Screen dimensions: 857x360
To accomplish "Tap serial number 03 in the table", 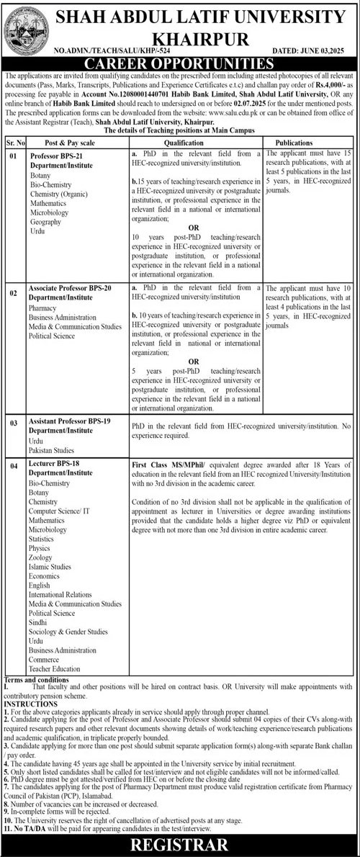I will pos(12,423).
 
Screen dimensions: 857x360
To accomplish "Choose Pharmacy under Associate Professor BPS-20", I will pos(43,306).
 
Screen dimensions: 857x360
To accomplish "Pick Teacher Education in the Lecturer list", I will pos(55,670).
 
